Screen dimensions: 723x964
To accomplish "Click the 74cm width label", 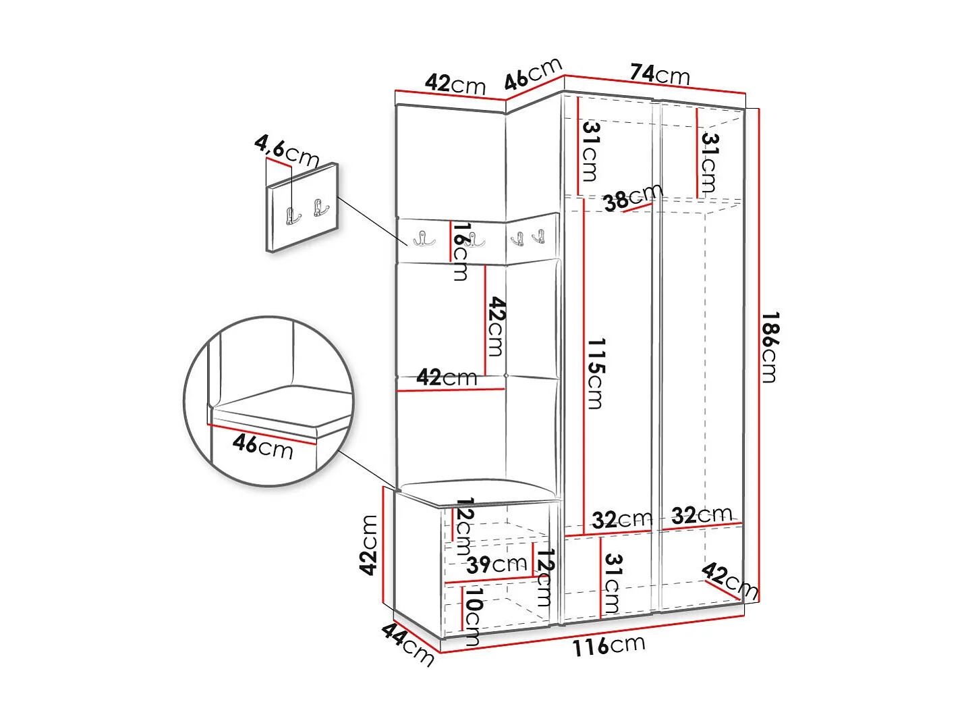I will point(660,74).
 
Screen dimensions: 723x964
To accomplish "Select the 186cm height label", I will point(770,347).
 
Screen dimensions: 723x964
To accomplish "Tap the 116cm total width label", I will point(608,646).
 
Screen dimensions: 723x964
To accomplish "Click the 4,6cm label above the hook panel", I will point(286,151).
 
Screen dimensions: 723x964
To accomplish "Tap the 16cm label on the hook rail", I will point(461,251).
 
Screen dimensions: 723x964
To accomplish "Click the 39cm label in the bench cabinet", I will point(497,564).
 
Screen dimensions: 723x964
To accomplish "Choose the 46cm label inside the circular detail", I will point(262,446).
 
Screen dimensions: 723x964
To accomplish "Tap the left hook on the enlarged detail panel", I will point(293,216).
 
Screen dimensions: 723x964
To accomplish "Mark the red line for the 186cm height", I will point(759,351).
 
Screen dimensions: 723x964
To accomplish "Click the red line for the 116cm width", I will point(594,635).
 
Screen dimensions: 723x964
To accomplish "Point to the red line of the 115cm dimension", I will point(584,365).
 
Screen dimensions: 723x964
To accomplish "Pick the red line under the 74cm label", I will point(654,84).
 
